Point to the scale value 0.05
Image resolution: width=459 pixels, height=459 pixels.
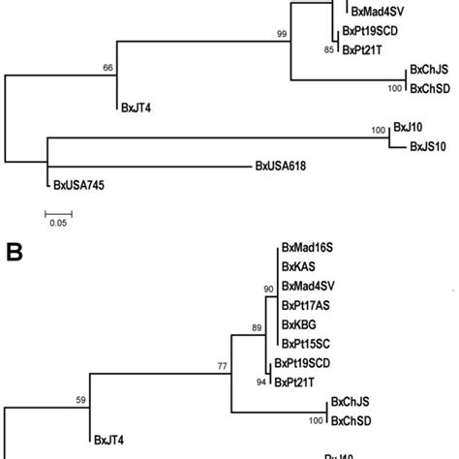tap(58, 223)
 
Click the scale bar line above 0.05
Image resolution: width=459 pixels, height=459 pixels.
tap(58, 208)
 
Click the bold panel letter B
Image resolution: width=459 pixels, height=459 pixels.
tap(15, 254)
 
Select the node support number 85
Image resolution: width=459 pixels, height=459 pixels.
tap(329, 49)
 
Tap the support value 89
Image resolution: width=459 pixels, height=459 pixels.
tap(256, 328)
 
